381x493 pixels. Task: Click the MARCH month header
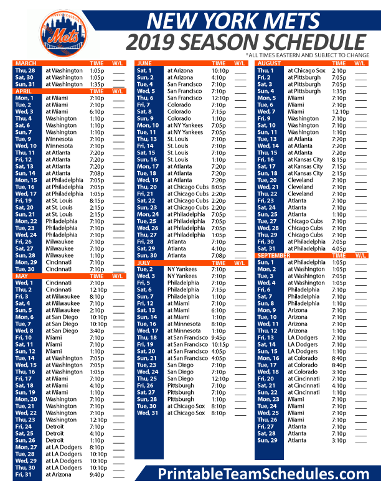(x=26, y=63)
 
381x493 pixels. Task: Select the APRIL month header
(x=24, y=92)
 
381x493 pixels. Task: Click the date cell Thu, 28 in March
(x=26, y=71)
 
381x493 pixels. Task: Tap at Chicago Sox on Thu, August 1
(x=306, y=71)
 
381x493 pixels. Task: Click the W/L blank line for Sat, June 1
(x=240, y=71)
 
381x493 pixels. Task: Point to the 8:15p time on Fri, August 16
(x=339, y=159)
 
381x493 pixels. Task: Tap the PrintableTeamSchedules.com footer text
(x=263, y=474)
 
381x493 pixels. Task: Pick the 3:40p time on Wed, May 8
(x=96, y=331)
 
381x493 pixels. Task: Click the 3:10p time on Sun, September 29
(x=339, y=440)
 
